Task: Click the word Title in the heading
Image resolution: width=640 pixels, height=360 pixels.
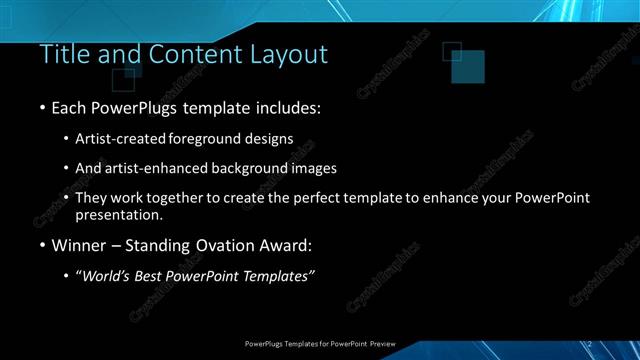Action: (63, 54)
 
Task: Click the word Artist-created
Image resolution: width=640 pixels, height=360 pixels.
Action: (121, 138)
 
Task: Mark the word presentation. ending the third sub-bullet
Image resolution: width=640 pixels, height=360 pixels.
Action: (119, 214)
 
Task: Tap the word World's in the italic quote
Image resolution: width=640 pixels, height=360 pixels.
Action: (107, 276)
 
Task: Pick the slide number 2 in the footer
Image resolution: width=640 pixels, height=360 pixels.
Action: (590, 344)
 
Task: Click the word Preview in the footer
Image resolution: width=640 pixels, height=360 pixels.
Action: (382, 344)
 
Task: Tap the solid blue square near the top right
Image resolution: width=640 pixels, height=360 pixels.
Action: (467, 67)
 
